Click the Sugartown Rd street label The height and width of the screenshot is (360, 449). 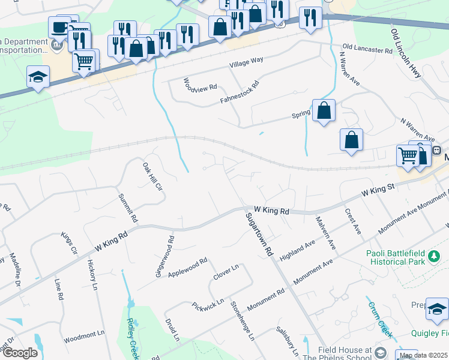pos(259,234)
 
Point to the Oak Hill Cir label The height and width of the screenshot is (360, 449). pos(153,177)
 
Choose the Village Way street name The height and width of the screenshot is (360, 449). pos(246,62)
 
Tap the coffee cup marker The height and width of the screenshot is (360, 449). pos(59,28)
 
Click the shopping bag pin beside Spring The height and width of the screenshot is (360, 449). pos(324,111)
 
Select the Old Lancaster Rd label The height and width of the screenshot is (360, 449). pos(367,48)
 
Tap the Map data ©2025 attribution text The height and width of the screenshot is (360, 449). pos(423,355)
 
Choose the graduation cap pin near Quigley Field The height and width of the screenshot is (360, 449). pos(437,310)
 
